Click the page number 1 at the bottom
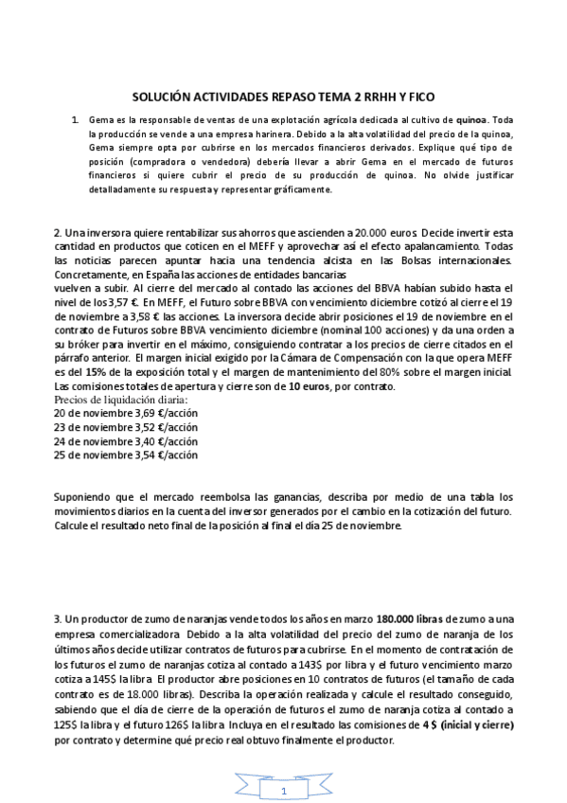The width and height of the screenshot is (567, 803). pyautogui.click(x=283, y=789)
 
